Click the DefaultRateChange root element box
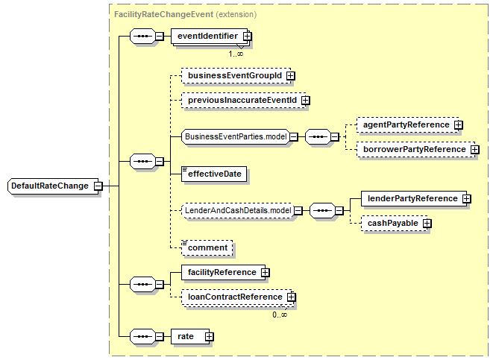click(53, 186)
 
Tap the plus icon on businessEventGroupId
click(290, 76)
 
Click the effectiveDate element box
click(214, 174)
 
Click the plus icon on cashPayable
click(427, 224)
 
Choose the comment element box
click(207, 247)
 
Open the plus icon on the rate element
click(209, 337)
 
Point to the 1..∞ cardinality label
click(236, 54)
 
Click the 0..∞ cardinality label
click(280, 315)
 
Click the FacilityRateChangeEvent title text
click(164, 15)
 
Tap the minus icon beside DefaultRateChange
click(98, 186)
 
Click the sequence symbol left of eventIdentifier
click(143, 36)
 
